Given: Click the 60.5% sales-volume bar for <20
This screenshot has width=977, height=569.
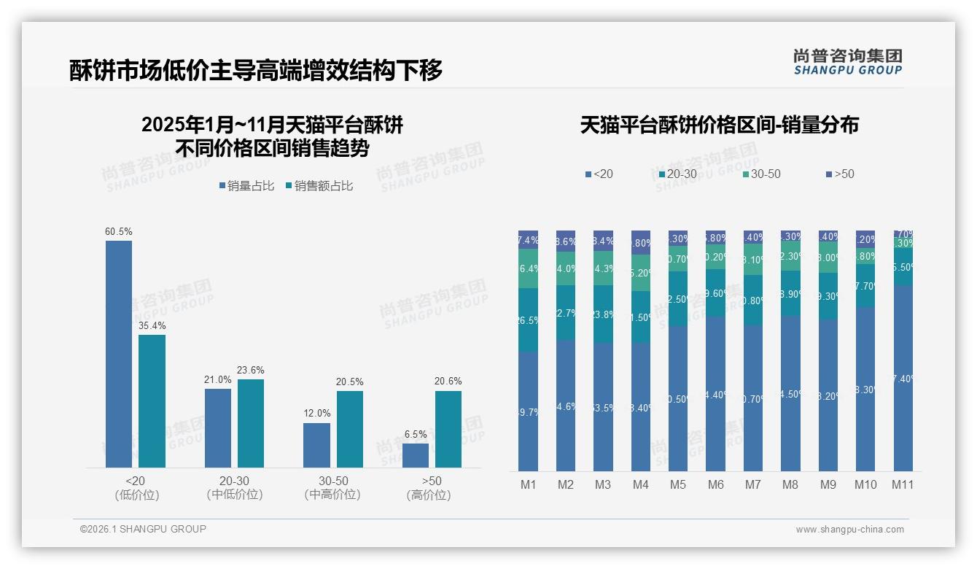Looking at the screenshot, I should [x=119, y=354].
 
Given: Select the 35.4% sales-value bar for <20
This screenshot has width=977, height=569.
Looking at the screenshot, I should [x=152, y=400].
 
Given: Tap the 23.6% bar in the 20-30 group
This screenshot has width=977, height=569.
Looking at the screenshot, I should [x=251, y=423].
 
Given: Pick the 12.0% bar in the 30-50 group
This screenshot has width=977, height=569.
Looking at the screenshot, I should [x=316, y=445].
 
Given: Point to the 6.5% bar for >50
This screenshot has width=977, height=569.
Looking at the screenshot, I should [x=416, y=455].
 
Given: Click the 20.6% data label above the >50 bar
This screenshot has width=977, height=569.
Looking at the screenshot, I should [x=448, y=382].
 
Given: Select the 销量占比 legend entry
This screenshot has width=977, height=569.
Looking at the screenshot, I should [x=246, y=186].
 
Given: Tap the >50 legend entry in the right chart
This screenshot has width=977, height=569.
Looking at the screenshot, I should [x=840, y=174].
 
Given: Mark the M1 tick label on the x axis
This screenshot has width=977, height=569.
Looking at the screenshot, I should [x=529, y=484].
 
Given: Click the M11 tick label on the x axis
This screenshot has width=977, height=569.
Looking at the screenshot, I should [x=903, y=484].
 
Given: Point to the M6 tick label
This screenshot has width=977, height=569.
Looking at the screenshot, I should [x=715, y=484].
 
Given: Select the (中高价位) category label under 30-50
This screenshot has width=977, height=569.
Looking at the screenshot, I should [x=332, y=495].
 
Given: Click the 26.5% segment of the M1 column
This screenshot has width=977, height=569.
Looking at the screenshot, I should [x=529, y=320].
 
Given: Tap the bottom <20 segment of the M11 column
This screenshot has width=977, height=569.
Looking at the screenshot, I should [x=903, y=378].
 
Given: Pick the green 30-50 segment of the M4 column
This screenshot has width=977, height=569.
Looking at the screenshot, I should [x=641, y=273].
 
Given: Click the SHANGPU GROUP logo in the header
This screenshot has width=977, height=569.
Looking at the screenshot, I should [x=847, y=62].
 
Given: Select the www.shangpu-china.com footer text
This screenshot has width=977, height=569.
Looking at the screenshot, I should [x=849, y=530].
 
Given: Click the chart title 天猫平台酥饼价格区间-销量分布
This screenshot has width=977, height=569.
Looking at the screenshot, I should [x=719, y=125].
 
